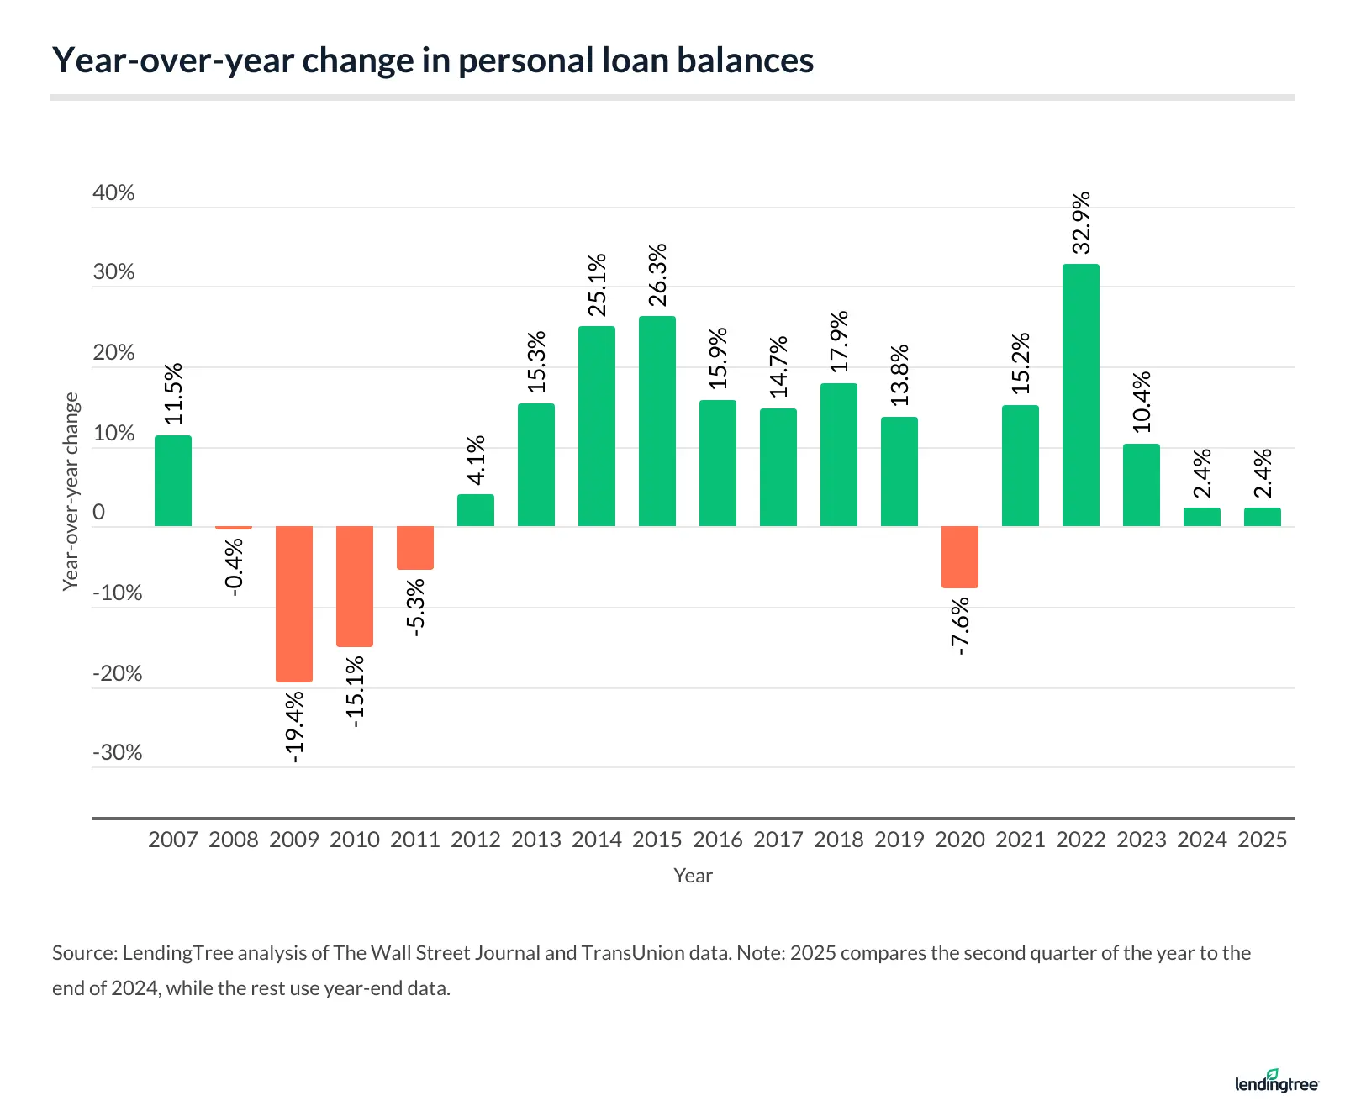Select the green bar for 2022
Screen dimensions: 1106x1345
(1080, 395)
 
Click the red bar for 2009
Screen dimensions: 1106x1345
(294, 603)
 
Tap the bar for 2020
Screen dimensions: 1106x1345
(959, 557)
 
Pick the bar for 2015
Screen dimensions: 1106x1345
(657, 421)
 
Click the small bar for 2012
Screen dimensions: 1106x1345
(476, 510)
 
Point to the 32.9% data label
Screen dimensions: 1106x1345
(1081, 223)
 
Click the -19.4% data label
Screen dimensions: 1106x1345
(294, 727)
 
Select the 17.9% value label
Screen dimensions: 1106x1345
(839, 342)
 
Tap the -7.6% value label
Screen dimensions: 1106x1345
(960, 626)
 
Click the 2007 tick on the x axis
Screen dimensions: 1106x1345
(173, 840)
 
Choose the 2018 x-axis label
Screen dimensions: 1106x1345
(839, 840)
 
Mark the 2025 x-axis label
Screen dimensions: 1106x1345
(1262, 840)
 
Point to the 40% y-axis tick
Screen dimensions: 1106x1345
(113, 192)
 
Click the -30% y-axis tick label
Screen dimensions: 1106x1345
(118, 752)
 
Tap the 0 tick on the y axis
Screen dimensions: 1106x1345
(99, 513)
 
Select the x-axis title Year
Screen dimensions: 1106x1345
(693, 876)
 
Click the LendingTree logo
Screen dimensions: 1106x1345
(1277, 1082)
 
